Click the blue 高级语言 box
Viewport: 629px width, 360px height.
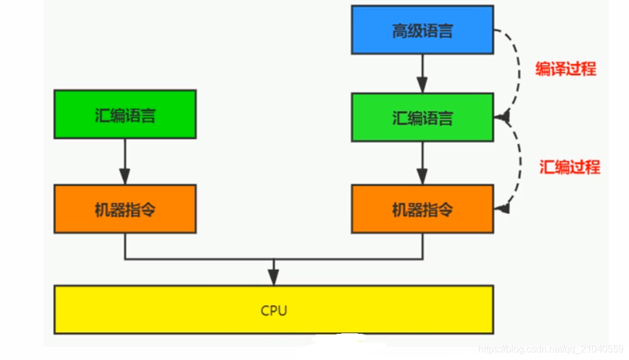point(422,30)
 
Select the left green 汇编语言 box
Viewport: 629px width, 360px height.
point(124,114)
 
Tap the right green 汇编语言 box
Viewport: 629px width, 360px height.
point(422,117)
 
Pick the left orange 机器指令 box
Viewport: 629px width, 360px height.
point(124,209)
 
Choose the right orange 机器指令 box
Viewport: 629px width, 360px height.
point(422,209)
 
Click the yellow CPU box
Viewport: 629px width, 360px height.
point(273,309)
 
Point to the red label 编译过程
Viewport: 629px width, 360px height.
point(565,69)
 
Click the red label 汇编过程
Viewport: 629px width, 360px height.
point(569,167)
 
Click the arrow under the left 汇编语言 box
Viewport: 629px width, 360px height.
point(124,161)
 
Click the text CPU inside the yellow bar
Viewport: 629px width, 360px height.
point(273,311)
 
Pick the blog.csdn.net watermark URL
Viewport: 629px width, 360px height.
point(551,349)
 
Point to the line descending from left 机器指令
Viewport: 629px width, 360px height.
point(124,246)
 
